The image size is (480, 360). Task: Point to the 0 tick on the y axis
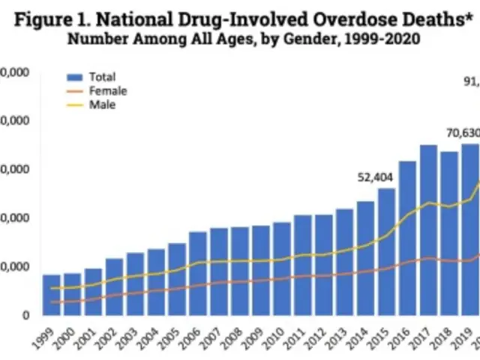[x=25, y=315]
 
